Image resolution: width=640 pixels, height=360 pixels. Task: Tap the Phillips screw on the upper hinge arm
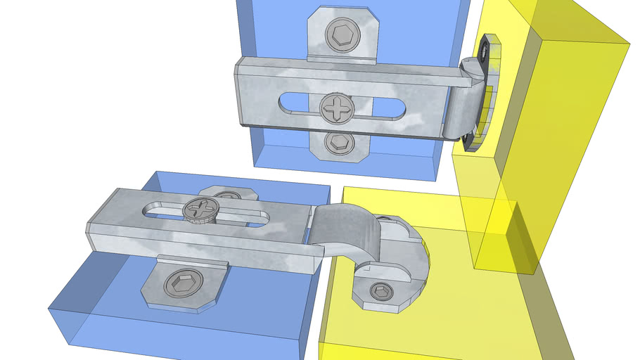click(x=337, y=108)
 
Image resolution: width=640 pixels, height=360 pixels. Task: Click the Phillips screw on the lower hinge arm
click(x=200, y=210)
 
